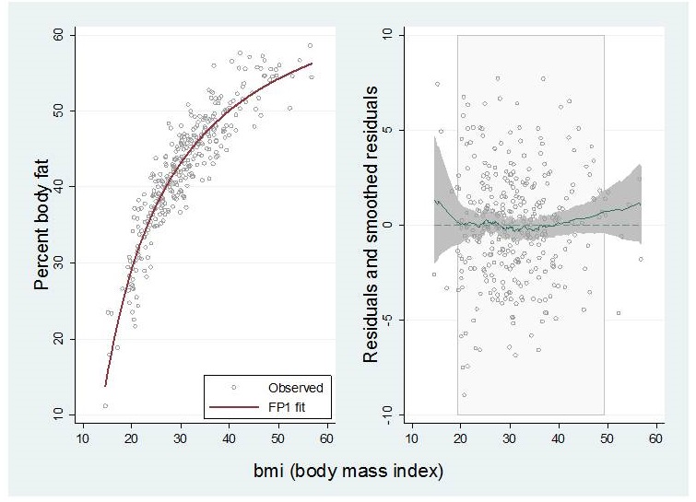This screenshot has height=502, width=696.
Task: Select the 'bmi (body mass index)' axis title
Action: pyautogui.click(x=348, y=473)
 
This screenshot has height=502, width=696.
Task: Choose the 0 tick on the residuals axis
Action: pyautogui.click(x=388, y=225)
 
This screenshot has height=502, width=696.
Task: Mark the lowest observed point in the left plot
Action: pyautogui.click(x=105, y=405)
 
